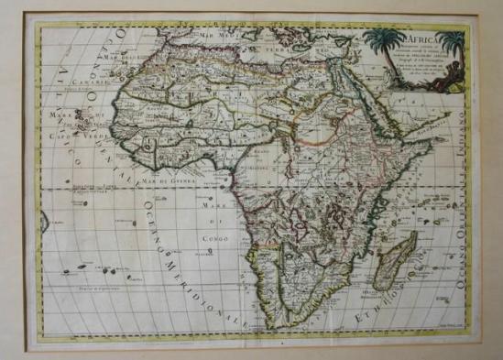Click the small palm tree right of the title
451,41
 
